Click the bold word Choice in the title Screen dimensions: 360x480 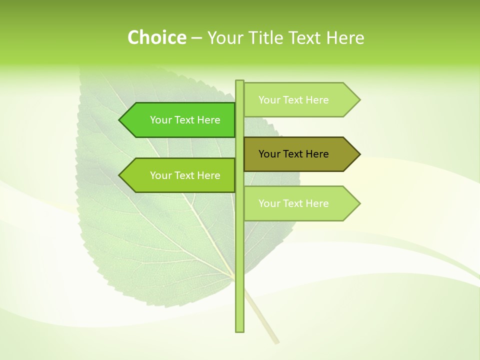(156, 37)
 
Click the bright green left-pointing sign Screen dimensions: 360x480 (180, 120)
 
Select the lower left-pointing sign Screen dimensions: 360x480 (180, 175)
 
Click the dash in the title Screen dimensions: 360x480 (196, 38)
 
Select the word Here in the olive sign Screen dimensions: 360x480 (317, 154)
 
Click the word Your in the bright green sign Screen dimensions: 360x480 (160, 120)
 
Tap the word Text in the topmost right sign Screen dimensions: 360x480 (293, 100)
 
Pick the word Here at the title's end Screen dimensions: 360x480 (345, 37)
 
